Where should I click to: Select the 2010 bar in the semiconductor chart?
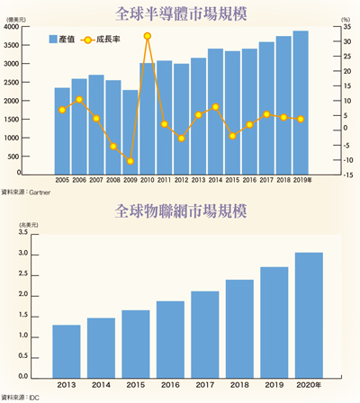148,118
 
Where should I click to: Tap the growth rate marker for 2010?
148,36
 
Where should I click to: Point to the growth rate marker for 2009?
130,161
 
